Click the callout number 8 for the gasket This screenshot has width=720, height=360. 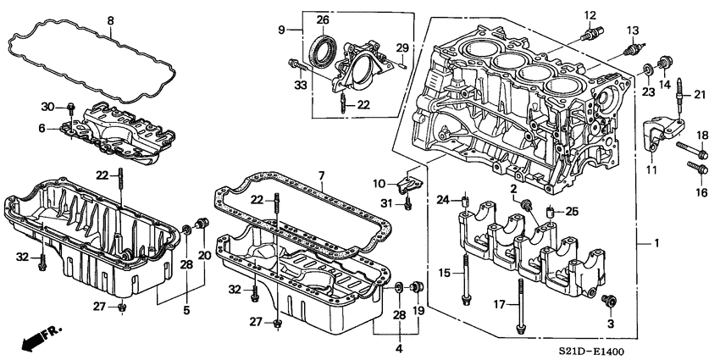pos(109,19)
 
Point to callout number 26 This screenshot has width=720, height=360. pos(323,19)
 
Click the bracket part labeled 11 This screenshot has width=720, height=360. pos(654,136)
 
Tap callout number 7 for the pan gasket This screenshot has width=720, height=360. pos(321,175)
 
